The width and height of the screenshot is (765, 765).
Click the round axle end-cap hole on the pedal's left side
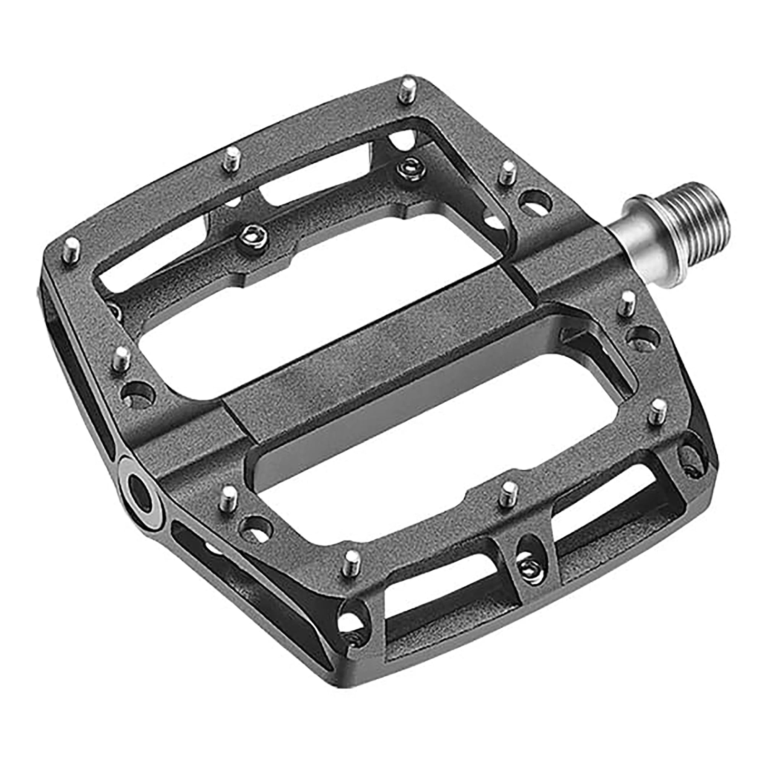140,490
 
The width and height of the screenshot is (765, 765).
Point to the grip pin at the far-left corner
72,248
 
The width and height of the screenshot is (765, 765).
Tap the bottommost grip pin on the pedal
352,562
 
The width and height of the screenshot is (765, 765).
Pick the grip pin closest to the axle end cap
228,498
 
